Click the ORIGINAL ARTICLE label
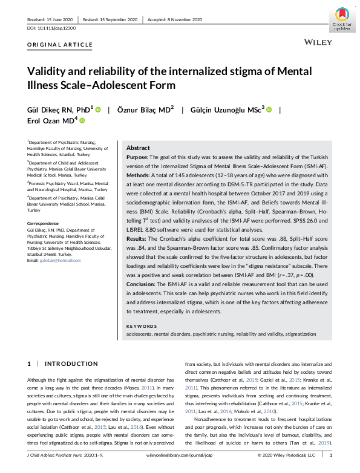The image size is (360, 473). coord(60,45)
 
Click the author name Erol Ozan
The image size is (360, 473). coord(51,121)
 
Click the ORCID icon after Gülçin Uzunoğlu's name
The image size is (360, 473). coord(269,109)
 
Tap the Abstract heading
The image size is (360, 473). coord(138,148)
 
